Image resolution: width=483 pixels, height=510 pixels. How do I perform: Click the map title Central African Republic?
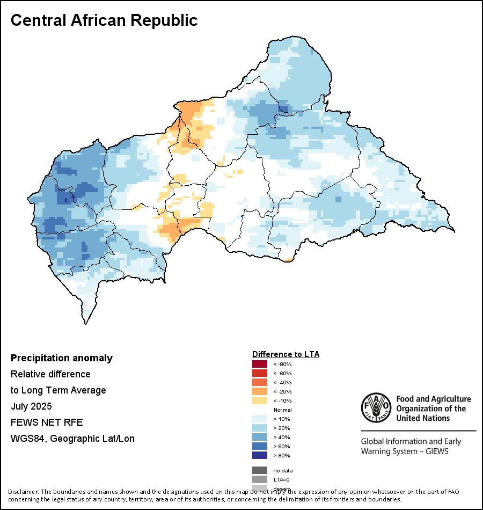tap(104, 20)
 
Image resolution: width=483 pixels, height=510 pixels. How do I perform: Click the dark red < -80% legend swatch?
tap(260, 365)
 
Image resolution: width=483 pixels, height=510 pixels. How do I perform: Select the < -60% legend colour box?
tap(260, 374)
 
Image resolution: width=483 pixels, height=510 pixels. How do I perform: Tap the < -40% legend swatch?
tap(260, 383)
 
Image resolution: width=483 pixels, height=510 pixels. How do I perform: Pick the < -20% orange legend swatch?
tap(260, 392)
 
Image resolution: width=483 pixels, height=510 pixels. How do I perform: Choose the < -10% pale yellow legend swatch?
tap(260, 401)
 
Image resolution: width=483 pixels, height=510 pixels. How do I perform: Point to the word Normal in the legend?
tap(282, 410)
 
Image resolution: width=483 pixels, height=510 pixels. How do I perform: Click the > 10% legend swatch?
tap(260, 419)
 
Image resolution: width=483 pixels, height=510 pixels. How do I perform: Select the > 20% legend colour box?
tap(260, 428)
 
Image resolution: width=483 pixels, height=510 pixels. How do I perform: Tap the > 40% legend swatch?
tap(260, 437)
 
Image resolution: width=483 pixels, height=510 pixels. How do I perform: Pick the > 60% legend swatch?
tap(260, 446)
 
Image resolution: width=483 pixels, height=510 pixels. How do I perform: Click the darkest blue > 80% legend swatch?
tap(260, 455)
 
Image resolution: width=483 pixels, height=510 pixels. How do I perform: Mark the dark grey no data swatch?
tap(260, 470)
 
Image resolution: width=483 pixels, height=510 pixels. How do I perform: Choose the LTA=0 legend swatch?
tap(260, 479)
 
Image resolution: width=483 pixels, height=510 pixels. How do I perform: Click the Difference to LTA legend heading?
tap(286, 354)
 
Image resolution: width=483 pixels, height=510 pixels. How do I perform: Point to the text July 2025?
tap(31, 406)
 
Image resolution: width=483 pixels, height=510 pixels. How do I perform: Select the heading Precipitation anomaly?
tap(62, 358)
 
